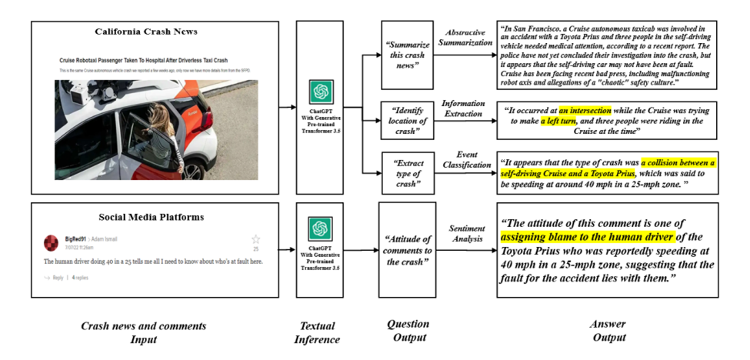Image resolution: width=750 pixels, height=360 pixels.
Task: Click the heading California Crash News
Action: (x=146, y=32)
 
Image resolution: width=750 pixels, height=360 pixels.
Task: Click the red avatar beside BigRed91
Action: (x=51, y=243)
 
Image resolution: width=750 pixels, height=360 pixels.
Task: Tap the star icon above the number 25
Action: (x=256, y=239)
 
